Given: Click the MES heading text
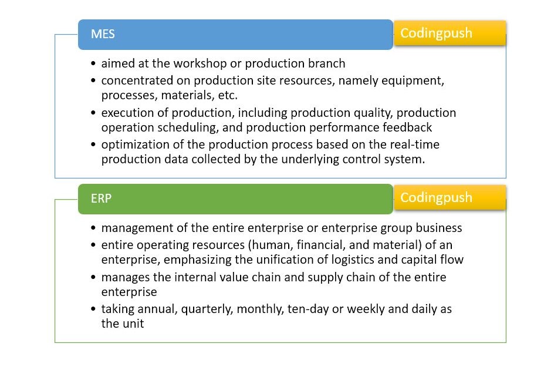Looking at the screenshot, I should pos(103,34).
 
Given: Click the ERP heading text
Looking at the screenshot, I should pos(101,199).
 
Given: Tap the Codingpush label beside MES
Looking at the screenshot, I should pos(436,33).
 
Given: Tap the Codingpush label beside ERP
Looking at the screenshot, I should pos(436,197).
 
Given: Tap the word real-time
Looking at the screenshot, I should pos(414,144).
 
